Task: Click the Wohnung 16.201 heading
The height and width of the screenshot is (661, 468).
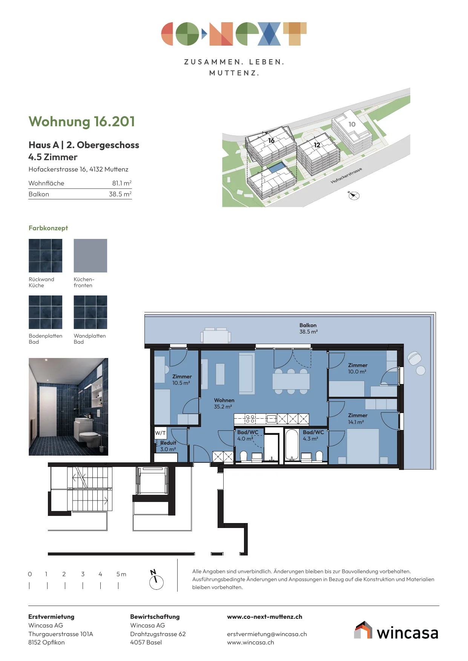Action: point(82,122)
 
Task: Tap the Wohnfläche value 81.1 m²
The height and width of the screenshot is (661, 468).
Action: point(122,183)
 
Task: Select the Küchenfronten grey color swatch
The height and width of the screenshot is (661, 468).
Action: point(91,256)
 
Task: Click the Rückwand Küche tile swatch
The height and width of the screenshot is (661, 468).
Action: point(46,256)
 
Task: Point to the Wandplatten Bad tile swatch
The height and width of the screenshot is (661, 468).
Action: point(91,312)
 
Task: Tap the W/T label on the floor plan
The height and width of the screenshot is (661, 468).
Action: point(160,433)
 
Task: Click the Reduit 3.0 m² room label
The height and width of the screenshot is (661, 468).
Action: point(168,446)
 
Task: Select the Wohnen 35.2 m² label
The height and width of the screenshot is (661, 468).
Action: point(224,403)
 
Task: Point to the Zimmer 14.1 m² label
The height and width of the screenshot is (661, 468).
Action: point(358,419)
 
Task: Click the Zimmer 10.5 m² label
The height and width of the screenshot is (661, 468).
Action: point(182,379)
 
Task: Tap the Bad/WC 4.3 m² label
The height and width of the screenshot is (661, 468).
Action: point(313,435)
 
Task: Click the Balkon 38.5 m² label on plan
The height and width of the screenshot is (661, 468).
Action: point(308,328)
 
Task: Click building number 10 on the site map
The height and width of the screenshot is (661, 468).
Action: point(352,124)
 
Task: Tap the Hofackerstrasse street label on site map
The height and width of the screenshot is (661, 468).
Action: point(346,176)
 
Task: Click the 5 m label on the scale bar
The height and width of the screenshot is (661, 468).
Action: point(121,574)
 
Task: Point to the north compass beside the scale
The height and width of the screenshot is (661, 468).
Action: point(156,580)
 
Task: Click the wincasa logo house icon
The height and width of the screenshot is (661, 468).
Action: point(363,630)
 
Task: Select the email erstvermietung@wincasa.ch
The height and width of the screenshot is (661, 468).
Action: point(267,634)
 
